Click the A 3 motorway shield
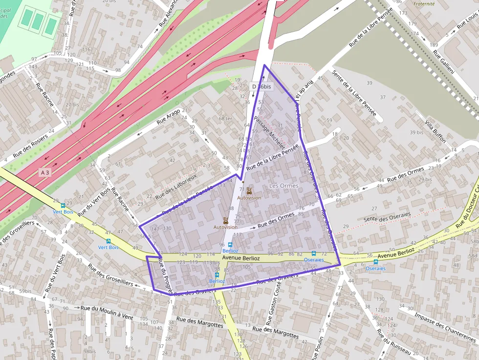click(45, 172)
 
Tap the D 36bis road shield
click(261, 86)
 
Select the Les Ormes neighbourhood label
click(283, 186)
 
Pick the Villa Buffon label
click(435, 131)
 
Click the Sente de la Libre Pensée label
click(354, 93)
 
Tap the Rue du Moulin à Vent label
click(107, 312)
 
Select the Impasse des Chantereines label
click(445, 327)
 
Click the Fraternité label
click(423, 3)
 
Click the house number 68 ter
click(225, 119)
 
